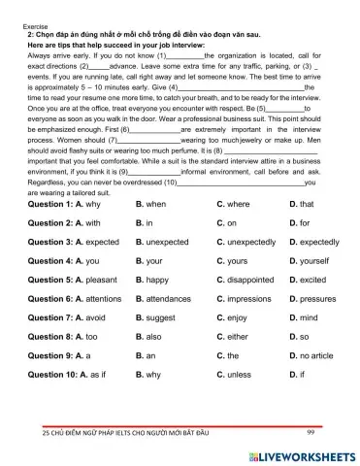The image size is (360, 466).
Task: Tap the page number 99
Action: (x=311, y=431)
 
